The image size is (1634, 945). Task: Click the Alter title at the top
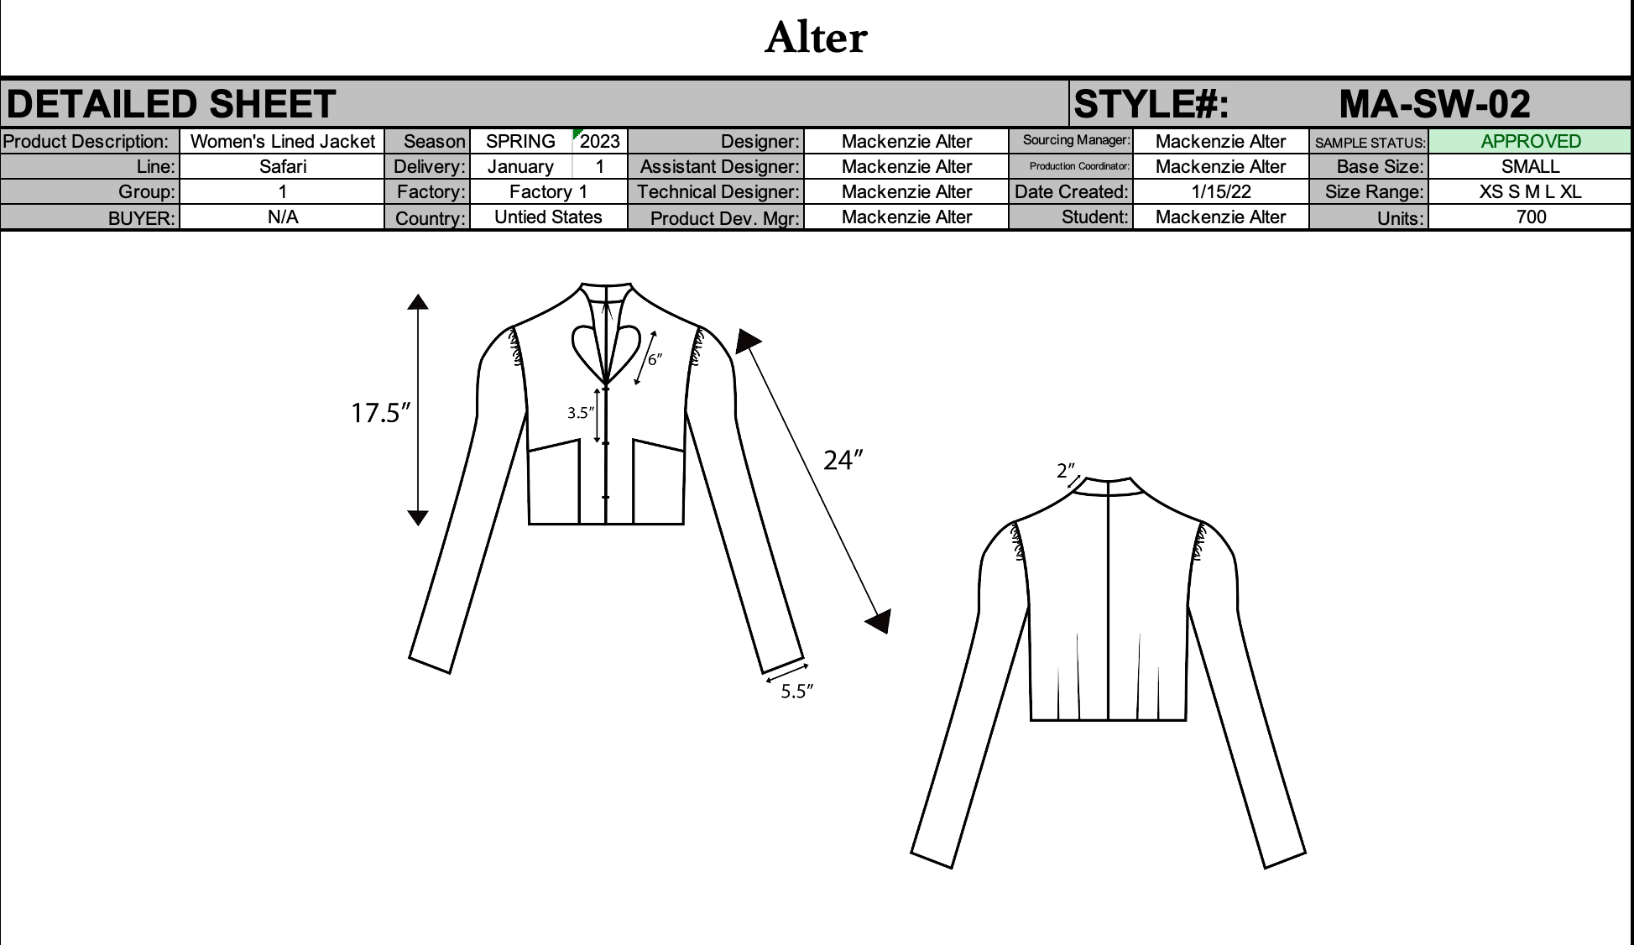pos(816,39)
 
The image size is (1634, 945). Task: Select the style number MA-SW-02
pos(1434,104)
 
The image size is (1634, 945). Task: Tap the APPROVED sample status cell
pos(1530,141)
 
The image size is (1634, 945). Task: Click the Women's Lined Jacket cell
pos(282,141)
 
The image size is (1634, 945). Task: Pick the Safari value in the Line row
pos(282,166)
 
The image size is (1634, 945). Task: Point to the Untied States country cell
pos(548,217)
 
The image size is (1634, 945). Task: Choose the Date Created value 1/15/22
pos(1220,191)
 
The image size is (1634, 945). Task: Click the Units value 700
pos(1530,217)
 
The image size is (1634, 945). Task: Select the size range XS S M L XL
pos(1530,191)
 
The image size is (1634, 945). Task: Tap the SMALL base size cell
pos(1530,166)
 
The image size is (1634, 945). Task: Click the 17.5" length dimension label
pos(380,413)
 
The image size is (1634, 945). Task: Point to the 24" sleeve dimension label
pos(843,460)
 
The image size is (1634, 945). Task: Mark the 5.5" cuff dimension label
pos(796,692)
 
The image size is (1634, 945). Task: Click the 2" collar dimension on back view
pos(1065,471)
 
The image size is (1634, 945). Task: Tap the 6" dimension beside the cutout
pos(655,359)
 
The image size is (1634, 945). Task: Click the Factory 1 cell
pos(548,191)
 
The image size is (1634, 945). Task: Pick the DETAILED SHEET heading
pos(171,104)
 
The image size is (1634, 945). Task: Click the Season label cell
pos(433,141)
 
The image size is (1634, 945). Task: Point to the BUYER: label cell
pos(141,218)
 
